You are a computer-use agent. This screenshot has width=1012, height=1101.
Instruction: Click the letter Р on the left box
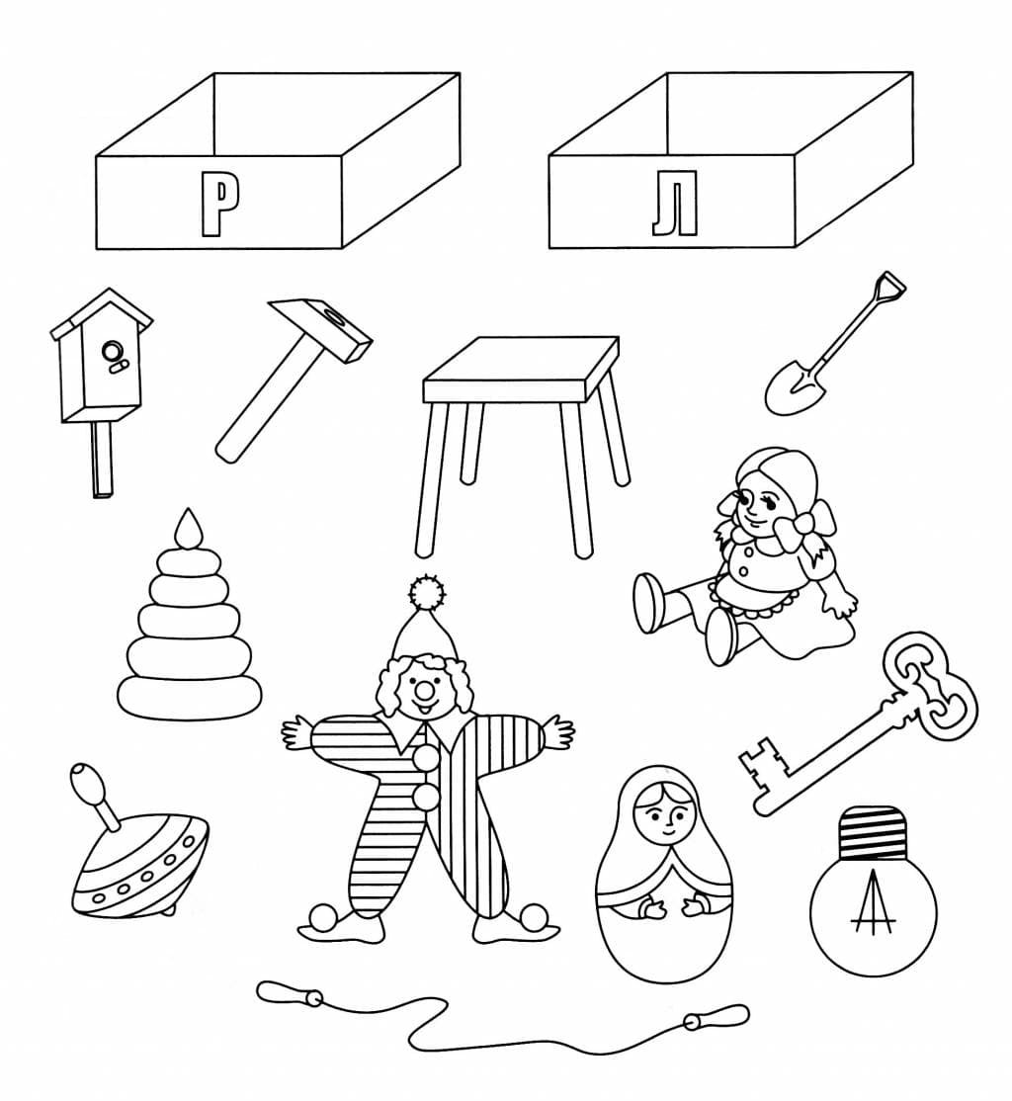click(219, 205)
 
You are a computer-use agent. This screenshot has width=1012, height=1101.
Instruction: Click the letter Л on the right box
click(674, 207)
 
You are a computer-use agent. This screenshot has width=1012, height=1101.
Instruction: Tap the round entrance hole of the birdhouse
click(113, 349)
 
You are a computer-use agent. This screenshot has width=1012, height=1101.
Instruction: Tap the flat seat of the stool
click(521, 368)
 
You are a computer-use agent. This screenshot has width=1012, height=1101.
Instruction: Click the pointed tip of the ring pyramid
click(188, 528)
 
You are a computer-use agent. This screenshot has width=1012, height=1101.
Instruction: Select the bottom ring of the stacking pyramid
click(189, 697)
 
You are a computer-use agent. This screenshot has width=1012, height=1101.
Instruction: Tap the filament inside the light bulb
click(874, 903)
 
